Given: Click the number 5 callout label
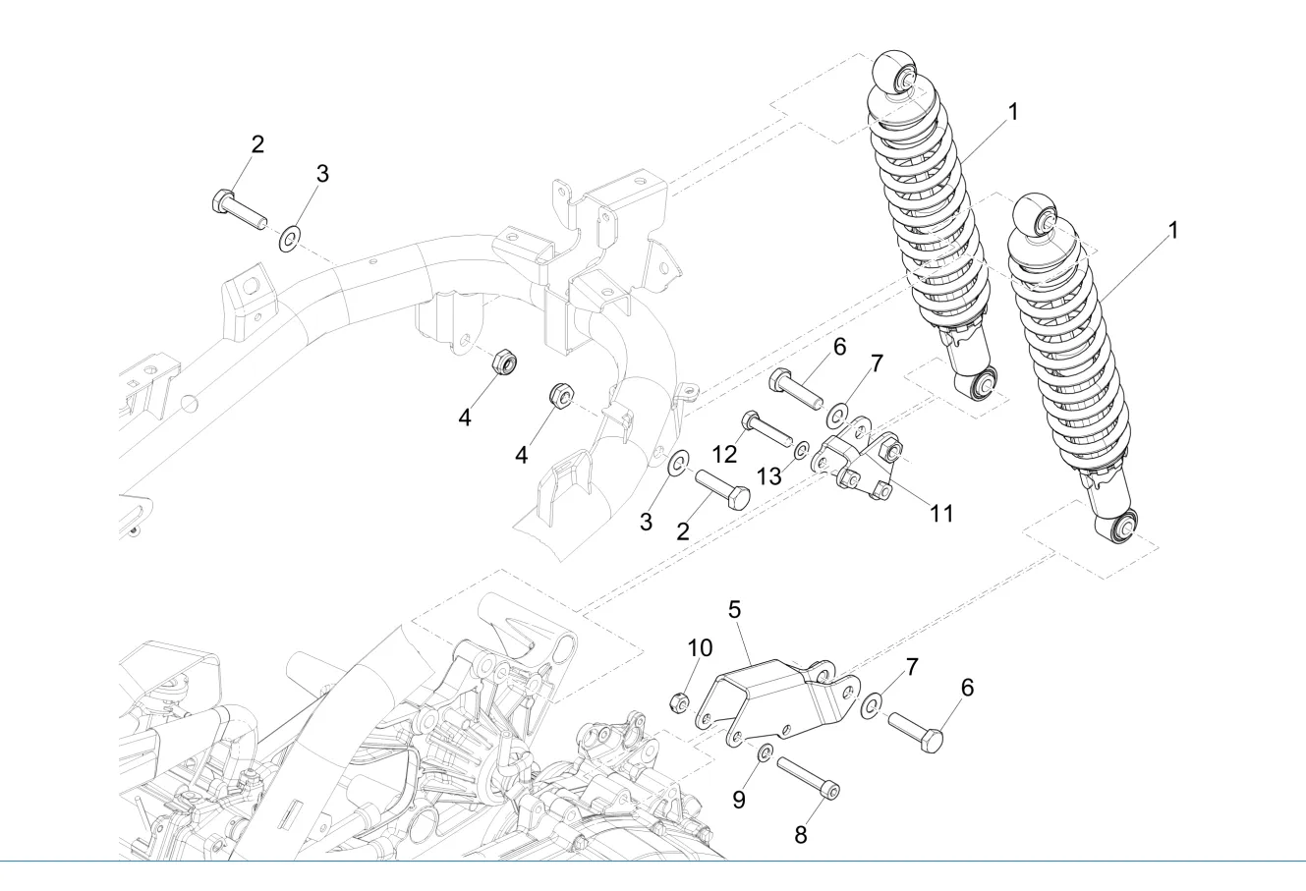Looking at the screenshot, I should click(x=734, y=609).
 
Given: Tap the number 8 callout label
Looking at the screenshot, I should click(x=800, y=835).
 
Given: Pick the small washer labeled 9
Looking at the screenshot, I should click(x=764, y=752).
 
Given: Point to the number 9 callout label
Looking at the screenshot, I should click(x=738, y=800).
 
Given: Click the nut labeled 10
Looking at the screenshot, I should click(x=677, y=701).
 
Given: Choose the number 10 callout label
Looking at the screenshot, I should click(x=700, y=648).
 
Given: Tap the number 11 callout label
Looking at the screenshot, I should click(x=941, y=514).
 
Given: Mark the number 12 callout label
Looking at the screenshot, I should click(x=724, y=455).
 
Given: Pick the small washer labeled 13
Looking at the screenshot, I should click(x=801, y=450).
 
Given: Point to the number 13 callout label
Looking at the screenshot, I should click(x=769, y=475).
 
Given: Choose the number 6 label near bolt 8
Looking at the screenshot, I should click(x=967, y=688).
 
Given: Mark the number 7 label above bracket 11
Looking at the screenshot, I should click(x=876, y=362).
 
